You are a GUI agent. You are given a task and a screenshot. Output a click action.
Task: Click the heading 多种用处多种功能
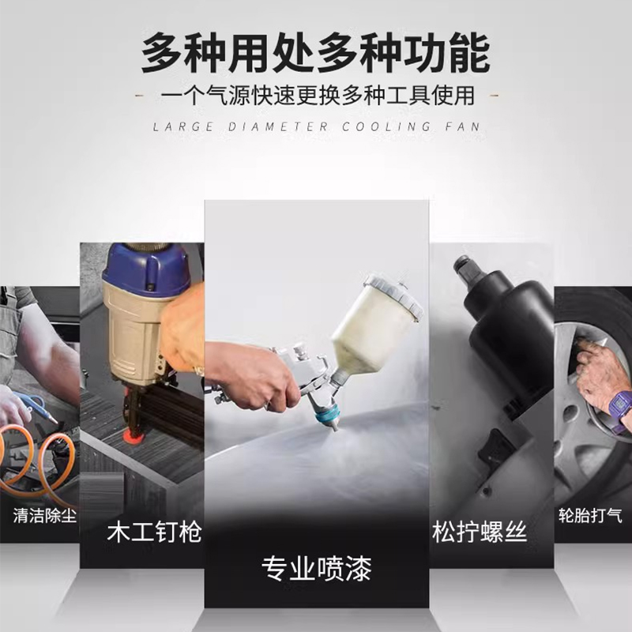point(316,54)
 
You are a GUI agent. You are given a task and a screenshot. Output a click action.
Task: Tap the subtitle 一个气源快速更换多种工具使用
point(317,97)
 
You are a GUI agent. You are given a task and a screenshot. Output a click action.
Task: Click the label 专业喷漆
point(316,567)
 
